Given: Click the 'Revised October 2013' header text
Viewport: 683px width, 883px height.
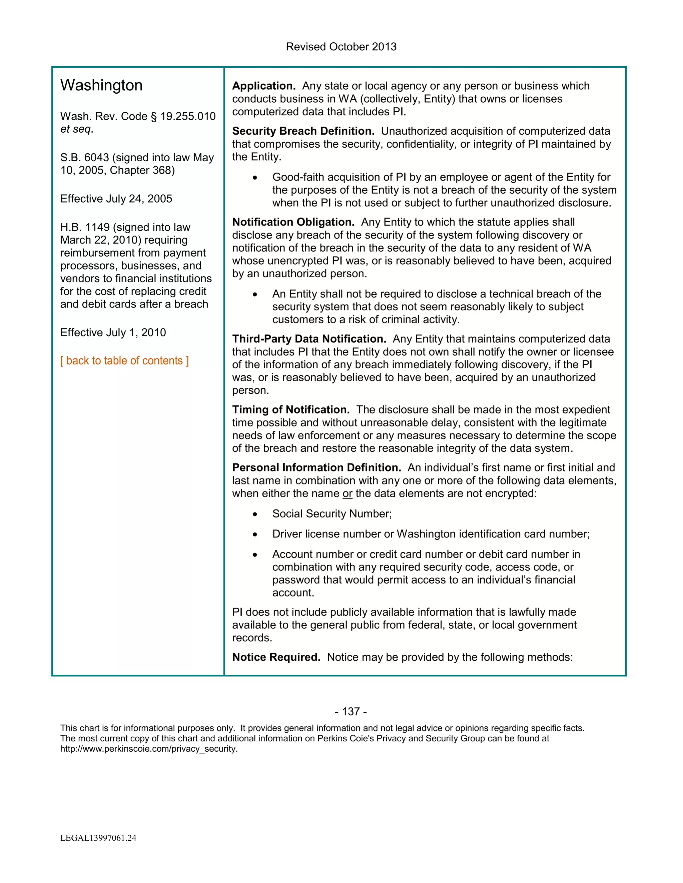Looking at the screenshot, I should [x=341, y=47].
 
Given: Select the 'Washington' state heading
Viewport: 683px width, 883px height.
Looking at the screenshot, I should [x=101, y=85].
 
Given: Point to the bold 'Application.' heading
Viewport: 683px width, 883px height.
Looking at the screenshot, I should [x=263, y=86].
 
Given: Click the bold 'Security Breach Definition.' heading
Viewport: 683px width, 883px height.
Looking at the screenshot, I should [x=303, y=131].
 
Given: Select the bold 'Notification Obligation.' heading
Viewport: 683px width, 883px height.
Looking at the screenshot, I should [x=293, y=222].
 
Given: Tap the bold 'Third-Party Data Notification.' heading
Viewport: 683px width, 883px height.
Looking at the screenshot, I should [x=309, y=339].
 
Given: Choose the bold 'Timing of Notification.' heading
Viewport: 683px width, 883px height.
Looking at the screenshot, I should [x=290, y=410].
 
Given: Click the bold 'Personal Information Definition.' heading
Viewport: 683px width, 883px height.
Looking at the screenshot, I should [x=316, y=467].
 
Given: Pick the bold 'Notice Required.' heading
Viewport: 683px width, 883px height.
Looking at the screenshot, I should [x=276, y=657].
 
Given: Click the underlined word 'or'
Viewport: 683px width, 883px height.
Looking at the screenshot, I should [x=347, y=494].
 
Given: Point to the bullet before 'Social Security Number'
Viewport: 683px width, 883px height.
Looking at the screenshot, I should [x=255, y=514].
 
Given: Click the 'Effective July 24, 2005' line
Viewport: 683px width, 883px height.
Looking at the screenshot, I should [x=116, y=199].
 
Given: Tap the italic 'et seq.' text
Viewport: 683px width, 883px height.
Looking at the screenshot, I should [x=76, y=129].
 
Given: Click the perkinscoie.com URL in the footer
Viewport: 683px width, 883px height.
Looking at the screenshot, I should [x=148, y=748].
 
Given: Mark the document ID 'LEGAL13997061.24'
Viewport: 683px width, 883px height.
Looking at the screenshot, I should [x=98, y=838].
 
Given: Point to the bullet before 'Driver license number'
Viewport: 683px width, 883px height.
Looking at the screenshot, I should [x=255, y=534].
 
